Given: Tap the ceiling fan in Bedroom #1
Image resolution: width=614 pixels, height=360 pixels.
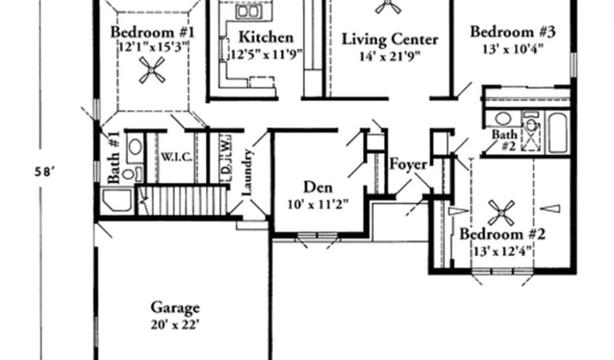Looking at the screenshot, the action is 152,70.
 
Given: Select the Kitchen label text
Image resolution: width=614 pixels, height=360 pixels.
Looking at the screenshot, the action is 266,37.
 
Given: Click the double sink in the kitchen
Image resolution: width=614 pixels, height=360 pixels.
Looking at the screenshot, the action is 248,11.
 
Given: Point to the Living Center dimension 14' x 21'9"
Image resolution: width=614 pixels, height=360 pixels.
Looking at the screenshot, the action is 390,56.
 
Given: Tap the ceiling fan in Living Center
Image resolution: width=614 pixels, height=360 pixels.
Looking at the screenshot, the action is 388,5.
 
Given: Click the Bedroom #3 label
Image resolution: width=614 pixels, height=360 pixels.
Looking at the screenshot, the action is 513,32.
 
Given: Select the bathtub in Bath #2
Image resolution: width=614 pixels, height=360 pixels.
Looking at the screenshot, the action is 558,133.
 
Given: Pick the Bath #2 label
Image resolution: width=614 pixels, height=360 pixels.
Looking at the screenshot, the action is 504,140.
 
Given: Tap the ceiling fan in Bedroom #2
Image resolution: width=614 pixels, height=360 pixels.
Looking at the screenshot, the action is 501,213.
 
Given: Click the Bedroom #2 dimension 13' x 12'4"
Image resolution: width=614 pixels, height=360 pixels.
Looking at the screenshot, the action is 502,251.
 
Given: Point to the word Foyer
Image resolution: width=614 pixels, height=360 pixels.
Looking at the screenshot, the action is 408,165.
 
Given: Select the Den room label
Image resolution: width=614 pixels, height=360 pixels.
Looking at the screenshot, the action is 318,187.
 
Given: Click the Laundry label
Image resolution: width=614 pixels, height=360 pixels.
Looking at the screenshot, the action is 248,172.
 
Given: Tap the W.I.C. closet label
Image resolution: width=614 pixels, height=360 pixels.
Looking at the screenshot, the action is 177,157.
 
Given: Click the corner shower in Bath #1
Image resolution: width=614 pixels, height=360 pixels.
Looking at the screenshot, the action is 117,200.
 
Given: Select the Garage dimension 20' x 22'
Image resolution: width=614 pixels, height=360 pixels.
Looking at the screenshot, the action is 175,325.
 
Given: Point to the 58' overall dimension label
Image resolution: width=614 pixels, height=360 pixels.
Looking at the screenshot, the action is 44,172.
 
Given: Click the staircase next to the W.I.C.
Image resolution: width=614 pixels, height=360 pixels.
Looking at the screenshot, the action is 182,200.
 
